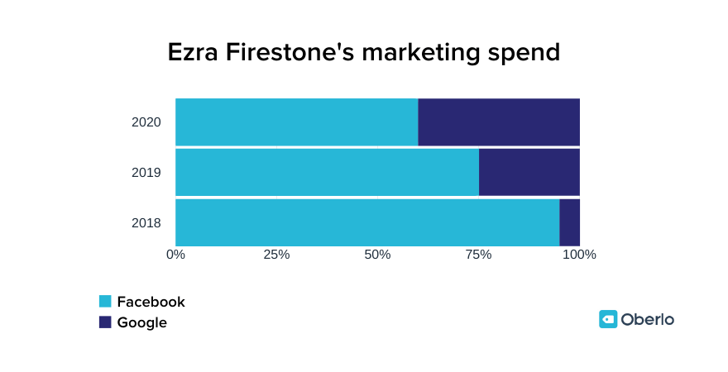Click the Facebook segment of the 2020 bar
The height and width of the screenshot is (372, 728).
pos(296,122)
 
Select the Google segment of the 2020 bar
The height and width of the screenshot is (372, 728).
pos(499,122)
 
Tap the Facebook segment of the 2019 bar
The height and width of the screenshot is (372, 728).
pos(327,172)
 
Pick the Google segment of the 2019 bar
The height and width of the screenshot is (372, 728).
pos(529,172)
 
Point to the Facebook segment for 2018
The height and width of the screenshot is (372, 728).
pos(367,222)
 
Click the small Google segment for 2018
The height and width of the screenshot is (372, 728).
pos(569,222)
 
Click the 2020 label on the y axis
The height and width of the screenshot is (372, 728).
pos(146,122)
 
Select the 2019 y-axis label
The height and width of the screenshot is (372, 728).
pos(146,173)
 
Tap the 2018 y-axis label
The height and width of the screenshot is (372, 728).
pos(146,223)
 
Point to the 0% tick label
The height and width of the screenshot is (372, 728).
pos(175,255)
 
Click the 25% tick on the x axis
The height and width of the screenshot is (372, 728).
pos(276,255)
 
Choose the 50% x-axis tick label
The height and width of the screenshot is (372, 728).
pos(377,255)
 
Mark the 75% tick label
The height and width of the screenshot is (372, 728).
pos(478,255)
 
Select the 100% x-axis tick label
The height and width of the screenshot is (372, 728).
pos(579,255)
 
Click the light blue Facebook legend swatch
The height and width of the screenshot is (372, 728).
pos(105,302)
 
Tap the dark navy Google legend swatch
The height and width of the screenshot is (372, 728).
pos(105,322)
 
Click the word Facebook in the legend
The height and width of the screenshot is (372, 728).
pos(151,302)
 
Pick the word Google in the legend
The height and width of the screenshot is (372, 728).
pos(141,322)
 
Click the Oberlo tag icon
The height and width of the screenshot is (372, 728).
pos(608,319)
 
